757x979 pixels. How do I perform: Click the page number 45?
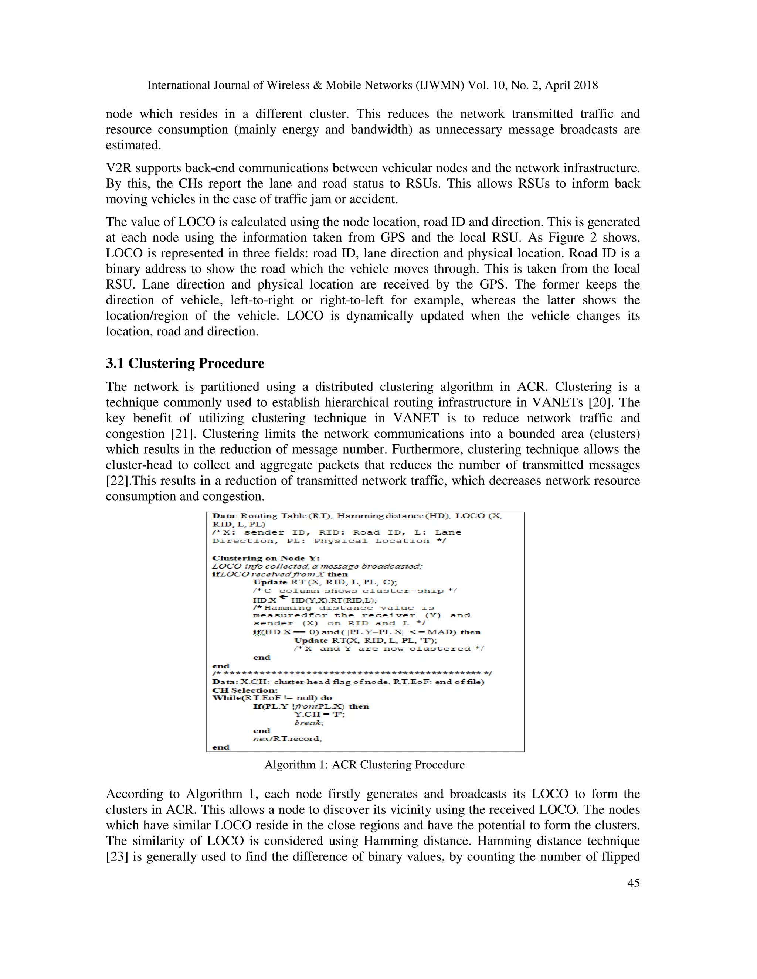633,883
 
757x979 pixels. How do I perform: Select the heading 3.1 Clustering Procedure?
185,363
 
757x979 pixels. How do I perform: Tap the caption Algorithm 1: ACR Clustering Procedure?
364,764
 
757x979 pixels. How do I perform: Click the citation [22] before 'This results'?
116,481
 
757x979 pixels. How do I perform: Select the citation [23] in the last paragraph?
116,856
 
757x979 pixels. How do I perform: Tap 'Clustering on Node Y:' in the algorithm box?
265,558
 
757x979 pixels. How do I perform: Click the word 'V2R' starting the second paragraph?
118,168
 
